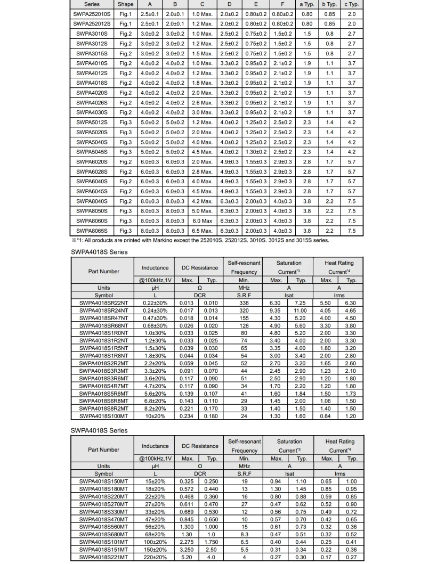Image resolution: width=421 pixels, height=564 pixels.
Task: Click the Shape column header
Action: (x=126, y=4)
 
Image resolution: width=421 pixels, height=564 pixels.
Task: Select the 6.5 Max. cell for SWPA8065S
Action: (x=202, y=231)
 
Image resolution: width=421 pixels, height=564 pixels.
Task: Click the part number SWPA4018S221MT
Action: (x=103, y=557)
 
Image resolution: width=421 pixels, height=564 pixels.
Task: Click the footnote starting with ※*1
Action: (x=200, y=240)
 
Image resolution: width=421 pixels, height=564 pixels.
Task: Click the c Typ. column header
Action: (x=351, y=4)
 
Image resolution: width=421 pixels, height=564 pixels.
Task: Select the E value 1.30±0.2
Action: (x=256, y=152)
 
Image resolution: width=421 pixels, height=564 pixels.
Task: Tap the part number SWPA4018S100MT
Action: (x=103, y=415)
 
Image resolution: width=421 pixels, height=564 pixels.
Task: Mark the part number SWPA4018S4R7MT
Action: (x=103, y=386)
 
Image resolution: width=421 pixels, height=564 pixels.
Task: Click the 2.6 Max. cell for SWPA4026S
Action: (x=202, y=102)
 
